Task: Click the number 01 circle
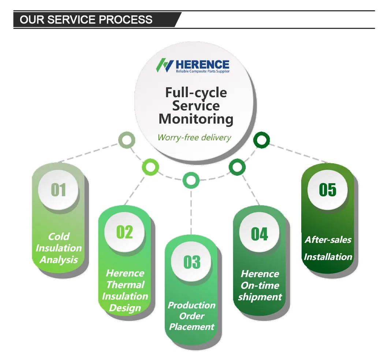point(58,190)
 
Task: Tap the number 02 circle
point(124,232)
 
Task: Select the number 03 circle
point(192,262)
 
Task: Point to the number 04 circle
point(259,234)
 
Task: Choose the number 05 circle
point(327,190)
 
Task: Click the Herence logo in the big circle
point(193,66)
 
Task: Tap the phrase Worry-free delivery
point(194,138)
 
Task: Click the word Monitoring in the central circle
point(196,119)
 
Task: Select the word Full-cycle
point(196,92)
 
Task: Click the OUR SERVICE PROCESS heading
point(86,19)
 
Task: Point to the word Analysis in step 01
point(59,260)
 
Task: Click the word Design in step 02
point(125,308)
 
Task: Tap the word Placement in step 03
point(192,326)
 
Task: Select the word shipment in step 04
point(260,297)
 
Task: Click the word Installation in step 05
point(328,257)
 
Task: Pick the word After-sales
point(328,240)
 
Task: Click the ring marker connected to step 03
point(191,180)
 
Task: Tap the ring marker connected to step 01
point(127,140)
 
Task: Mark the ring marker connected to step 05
point(261,140)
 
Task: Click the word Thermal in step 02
point(125,285)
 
